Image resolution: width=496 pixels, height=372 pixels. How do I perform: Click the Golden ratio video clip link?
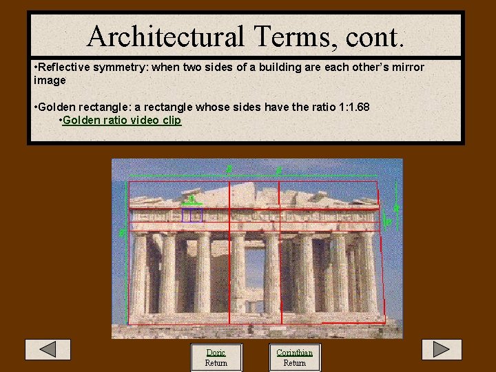click(122, 121)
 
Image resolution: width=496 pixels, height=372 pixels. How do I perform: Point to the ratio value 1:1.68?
click(349, 107)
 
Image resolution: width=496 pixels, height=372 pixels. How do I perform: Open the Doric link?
click(216, 353)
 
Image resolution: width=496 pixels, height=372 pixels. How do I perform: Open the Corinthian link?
click(294, 353)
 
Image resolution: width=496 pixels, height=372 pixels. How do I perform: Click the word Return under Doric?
click(216, 363)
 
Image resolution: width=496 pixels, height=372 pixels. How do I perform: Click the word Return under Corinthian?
click(294, 363)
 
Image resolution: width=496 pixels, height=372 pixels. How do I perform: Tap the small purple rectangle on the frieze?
click(192, 215)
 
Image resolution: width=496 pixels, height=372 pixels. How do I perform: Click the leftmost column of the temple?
click(140, 272)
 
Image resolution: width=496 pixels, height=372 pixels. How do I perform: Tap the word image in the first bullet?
click(50, 81)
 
